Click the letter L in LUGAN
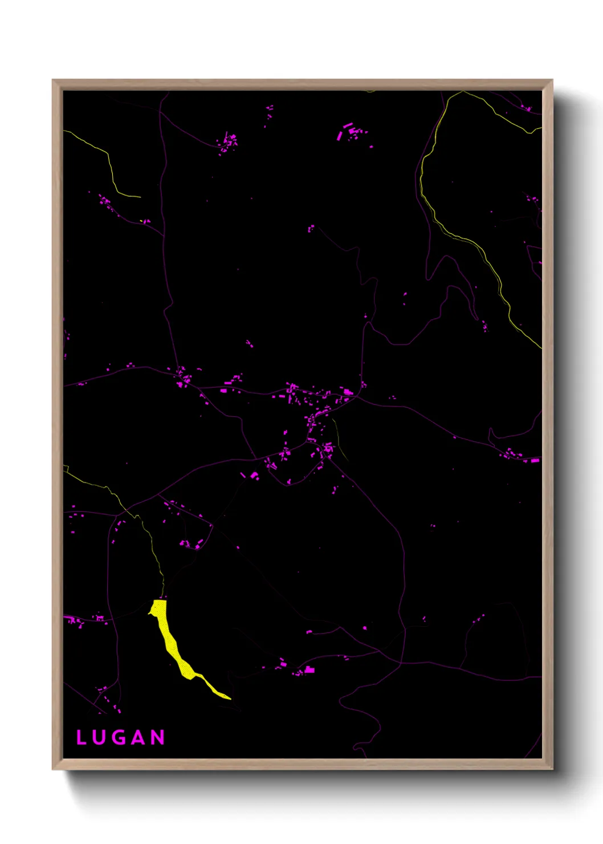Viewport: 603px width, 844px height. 81,737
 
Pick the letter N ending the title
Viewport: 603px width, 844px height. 158,737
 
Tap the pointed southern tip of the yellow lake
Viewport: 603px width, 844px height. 229,697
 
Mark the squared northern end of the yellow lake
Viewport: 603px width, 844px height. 160,602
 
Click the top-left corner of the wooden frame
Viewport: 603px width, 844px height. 54,81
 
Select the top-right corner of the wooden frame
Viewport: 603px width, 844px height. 551,81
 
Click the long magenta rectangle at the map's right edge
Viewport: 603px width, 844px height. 535,460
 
